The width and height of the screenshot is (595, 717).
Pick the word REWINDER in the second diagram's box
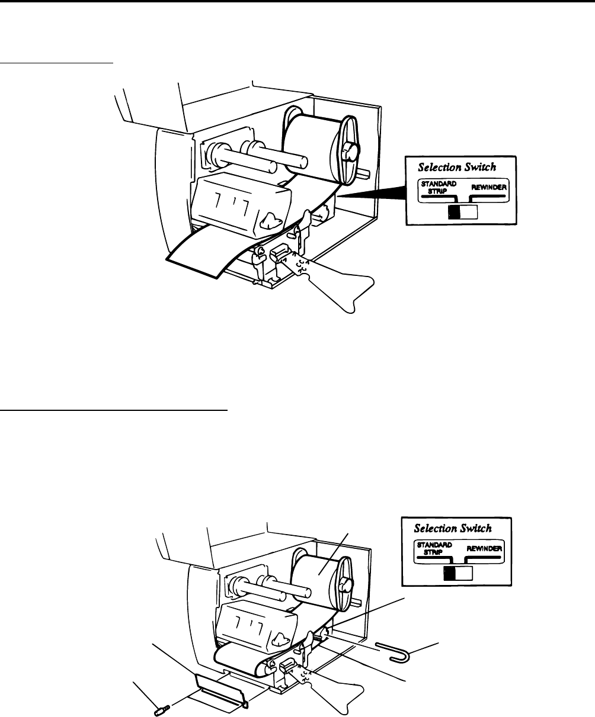(x=484, y=548)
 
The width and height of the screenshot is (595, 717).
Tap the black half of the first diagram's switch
(x=455, y=212)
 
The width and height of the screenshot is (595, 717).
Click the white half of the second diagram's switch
(x=464, y=573)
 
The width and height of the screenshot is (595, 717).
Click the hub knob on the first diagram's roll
(x=351, y=150)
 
